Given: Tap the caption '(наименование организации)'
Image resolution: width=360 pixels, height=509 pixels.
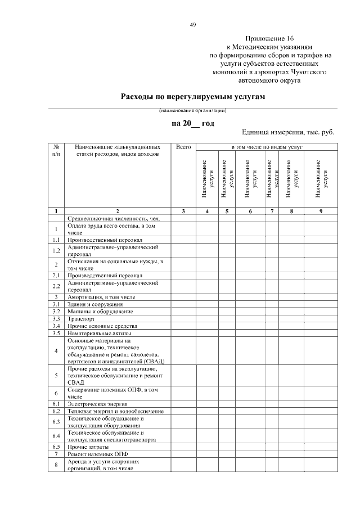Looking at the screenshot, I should [192, 110].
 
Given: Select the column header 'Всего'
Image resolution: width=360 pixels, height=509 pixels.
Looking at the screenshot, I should [183, 147].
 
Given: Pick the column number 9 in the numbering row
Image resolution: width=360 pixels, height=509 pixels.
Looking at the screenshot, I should [320, 211].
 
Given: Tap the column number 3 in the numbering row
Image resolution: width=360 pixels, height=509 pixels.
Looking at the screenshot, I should [183, 211].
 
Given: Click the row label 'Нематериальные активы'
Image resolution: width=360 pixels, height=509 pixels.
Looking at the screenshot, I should [98, 333].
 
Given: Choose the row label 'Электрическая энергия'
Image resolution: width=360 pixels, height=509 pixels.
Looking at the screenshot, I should [97, 404].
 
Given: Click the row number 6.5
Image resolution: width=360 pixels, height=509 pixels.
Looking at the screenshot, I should [56, 447].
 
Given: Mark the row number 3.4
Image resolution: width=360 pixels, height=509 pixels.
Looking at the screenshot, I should [56, 326].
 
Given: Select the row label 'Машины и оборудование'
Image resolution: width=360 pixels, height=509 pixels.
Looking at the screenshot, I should [100, 311].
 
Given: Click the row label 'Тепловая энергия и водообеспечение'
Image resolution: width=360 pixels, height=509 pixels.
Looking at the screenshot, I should [115, 411].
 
